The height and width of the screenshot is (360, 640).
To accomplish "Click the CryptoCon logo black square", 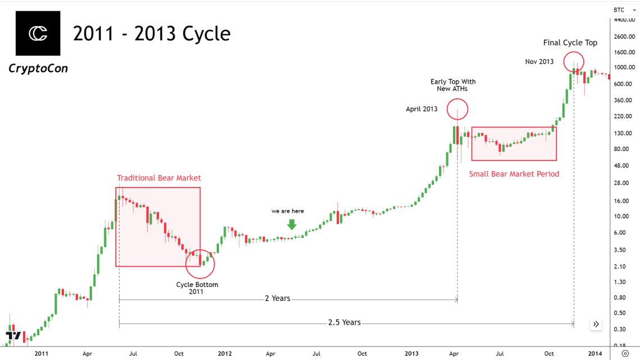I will click(38, 33).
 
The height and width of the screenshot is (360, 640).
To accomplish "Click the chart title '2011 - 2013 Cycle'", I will click(152, 34).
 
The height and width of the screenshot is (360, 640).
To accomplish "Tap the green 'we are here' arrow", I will click(291, 224).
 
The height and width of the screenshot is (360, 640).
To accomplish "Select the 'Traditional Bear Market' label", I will click(159, 178).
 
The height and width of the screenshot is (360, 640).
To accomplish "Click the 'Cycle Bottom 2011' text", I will click(197, 288).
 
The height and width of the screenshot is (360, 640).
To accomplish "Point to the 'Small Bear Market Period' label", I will click(514, 174).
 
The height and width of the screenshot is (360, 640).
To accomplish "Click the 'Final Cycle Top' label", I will click(570, 43).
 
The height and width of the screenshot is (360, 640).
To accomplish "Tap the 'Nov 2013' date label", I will click(539, 62).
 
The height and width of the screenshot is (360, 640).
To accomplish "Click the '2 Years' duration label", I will click(277, 298).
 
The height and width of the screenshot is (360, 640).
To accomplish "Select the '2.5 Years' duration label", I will click(344, 322).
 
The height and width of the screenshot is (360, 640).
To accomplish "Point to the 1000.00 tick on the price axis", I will click(624, 67).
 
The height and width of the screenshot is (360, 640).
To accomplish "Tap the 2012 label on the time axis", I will click(225, 354).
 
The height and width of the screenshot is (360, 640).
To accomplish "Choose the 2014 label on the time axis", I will click(595, 354).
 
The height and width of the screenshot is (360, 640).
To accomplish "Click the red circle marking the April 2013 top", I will click(458, 108).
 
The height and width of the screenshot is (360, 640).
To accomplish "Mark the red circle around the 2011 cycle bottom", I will click(199, 264).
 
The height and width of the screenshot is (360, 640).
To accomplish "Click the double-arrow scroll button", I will click(596, 324).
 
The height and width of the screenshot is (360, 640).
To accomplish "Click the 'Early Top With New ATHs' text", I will click(452, 85).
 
